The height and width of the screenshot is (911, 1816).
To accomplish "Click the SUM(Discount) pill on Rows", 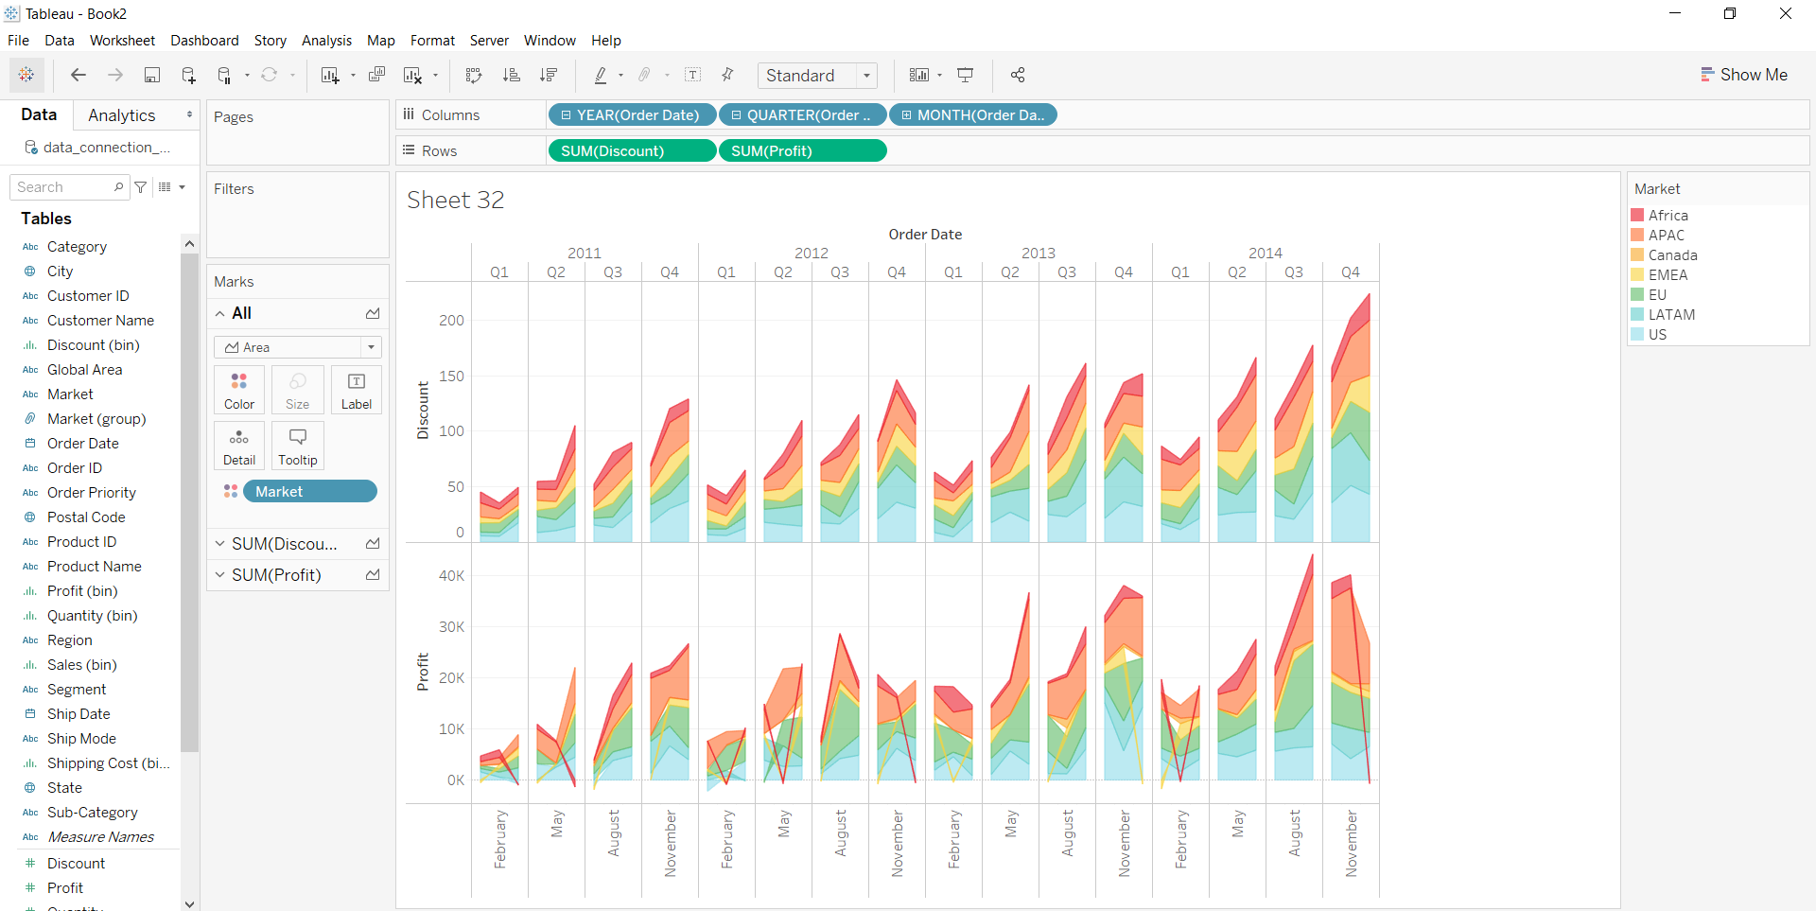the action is point(632,151).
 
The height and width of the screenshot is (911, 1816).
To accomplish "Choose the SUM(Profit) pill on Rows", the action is point(802,151).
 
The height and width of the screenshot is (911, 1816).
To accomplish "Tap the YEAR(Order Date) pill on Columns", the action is point(632,115).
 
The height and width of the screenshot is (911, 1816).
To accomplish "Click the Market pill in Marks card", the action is point(309,492).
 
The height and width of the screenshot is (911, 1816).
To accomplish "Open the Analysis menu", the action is point(326,41).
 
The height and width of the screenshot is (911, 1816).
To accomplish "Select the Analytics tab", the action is point(121,115).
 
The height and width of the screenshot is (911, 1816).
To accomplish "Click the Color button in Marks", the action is point(239,390).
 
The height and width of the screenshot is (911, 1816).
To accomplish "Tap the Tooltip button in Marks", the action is point(297,446).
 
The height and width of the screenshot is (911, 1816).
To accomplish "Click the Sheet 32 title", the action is point(456,201).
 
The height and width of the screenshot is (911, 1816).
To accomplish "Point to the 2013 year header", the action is point(1039,254).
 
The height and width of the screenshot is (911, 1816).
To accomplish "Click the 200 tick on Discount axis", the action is point(451,321).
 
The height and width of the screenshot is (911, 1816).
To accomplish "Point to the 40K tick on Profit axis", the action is point(451,576).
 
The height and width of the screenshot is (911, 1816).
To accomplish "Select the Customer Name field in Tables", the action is point(100,321).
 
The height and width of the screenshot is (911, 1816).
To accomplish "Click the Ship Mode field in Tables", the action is point(81,739).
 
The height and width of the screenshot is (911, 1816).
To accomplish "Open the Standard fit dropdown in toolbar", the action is point(817,76).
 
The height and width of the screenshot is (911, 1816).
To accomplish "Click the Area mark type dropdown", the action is point(297,347).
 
